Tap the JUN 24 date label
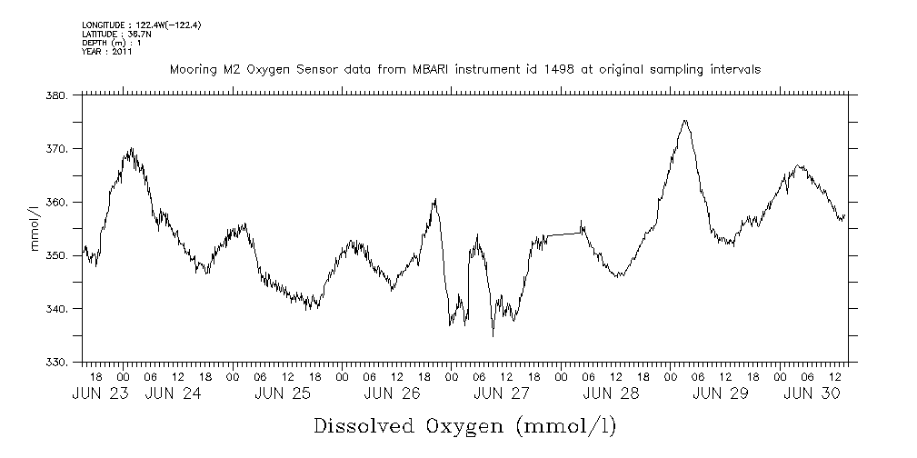[174, 393]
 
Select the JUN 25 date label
[284, 393]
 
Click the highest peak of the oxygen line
[684, 120]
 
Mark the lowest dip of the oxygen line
[493, 336]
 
